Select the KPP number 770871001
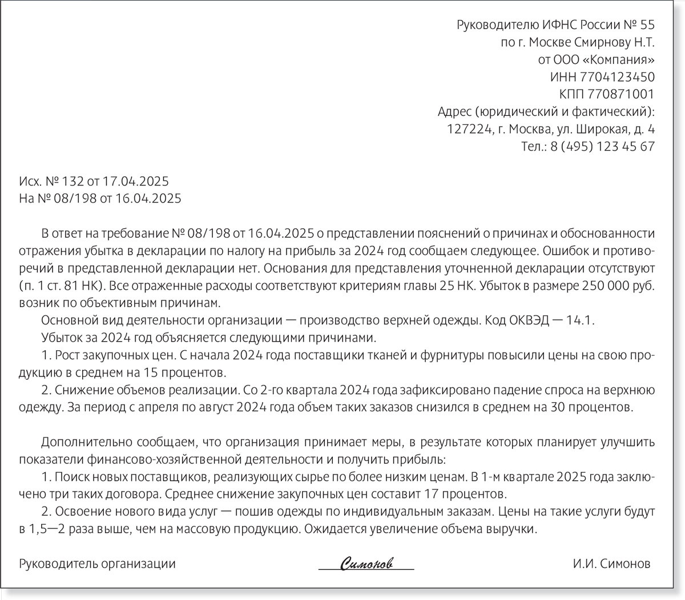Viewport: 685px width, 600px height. click(622, 94)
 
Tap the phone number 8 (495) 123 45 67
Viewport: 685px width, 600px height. click(602, 146)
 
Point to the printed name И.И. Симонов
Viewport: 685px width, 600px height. click(611, 564)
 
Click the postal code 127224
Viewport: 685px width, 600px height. click(469, 129)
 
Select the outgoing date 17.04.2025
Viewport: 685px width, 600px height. click(135, 181)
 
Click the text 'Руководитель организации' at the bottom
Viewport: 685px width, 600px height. click(98, 564)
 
